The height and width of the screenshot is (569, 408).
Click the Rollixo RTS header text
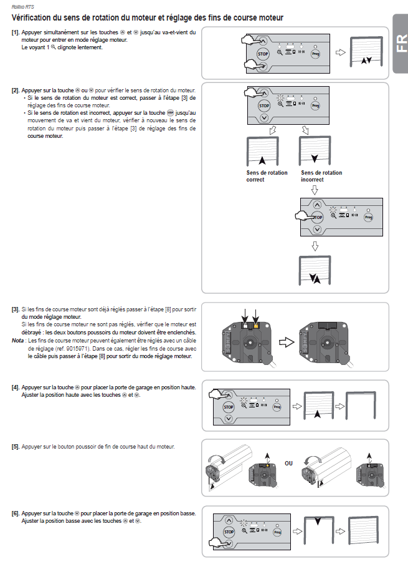coord(22,6)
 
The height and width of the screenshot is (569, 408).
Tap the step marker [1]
coord(15,32)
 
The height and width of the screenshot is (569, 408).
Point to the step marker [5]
coord(15,447)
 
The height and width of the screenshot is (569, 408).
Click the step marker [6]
coord(15,513)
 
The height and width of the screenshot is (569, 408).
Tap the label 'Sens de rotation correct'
coord(267,176)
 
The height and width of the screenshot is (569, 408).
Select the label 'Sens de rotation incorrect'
coord(321,176)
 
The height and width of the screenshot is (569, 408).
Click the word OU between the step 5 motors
coord(288,464)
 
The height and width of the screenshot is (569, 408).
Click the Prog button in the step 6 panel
coord(278,531)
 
